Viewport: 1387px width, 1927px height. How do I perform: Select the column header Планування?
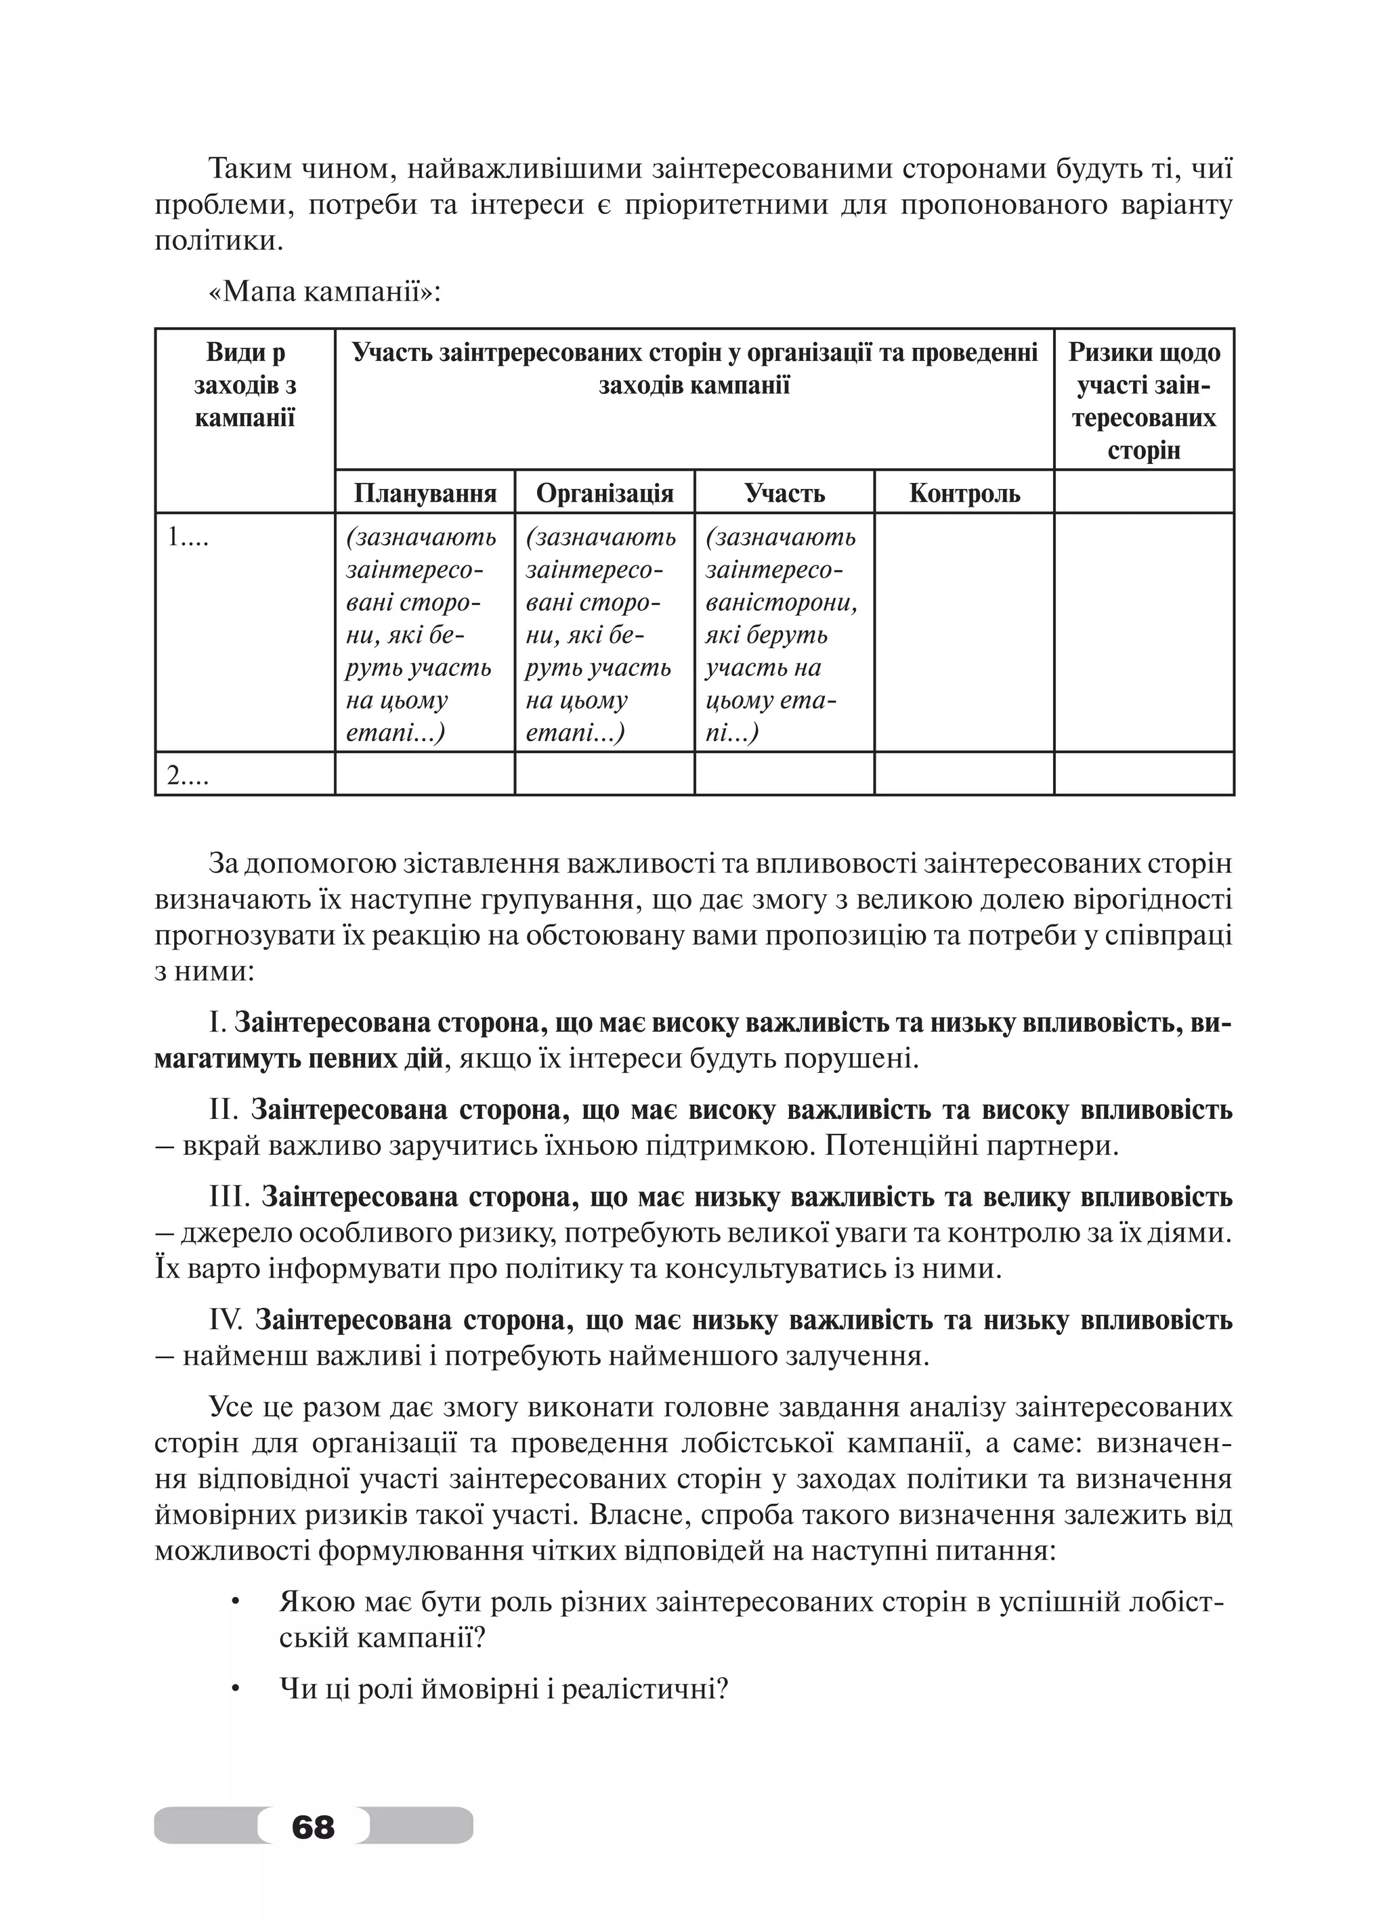[425, 493]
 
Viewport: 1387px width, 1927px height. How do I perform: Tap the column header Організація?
[605, 493]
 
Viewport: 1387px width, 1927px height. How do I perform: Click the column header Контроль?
[964, 493]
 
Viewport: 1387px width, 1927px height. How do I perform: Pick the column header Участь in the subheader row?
[784, 493]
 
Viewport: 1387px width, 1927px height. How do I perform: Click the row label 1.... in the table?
[188, 537]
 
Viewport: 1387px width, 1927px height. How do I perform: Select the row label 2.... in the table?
[188, 775]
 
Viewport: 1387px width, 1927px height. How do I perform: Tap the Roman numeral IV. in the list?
[226, 1319]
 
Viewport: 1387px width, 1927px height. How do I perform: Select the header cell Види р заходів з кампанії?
[244, 386]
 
